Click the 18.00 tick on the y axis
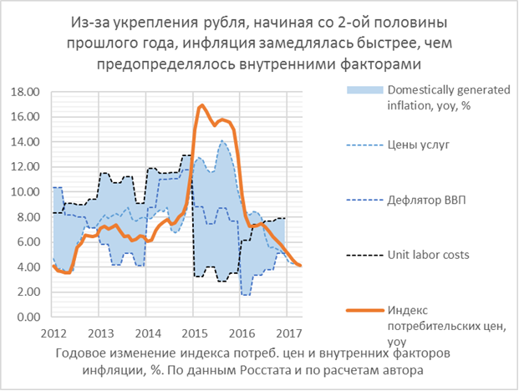(x=26, y=91)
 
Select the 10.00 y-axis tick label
(x=26, y=192)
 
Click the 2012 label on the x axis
(x=53, y=332)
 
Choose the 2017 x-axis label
(x=287, y=332)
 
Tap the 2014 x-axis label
(x=146, y=332)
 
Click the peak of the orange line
(x=201, y=105)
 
